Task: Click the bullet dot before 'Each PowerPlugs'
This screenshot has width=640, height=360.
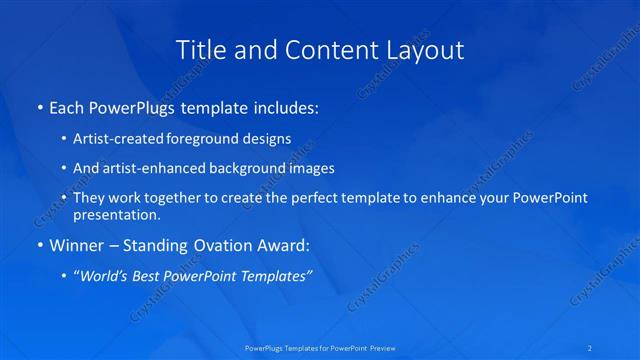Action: pyautogui.click(x=39, y=105)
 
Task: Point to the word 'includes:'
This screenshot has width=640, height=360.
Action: pyautogui.click(x=285, y=105)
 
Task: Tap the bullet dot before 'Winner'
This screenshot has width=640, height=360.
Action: pyautogui.click(x=39, y=244)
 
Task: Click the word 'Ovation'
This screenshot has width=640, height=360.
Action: pyautogui.click(x=231, y=244)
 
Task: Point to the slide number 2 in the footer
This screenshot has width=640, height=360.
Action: pyautogui.click(x=591, y=348)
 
